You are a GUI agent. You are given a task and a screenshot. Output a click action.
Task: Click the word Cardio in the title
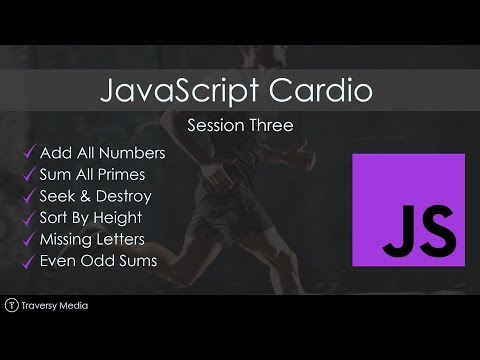pyautogui.click(x=325, y=92)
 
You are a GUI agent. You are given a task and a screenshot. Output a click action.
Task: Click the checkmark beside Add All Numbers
pyautogui.click(x=27, y=154)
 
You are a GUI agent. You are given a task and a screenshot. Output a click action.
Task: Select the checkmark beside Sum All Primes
pyautogui.click(x=27, y=176)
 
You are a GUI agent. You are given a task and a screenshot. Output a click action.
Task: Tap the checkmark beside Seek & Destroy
pyautogui.click(x=27, y=198)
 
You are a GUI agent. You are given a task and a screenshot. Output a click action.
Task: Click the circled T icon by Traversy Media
pyautogui.click(x=12, y=305)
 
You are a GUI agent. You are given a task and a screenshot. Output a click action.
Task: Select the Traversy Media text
pyautogui.click(x=54, y=305)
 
